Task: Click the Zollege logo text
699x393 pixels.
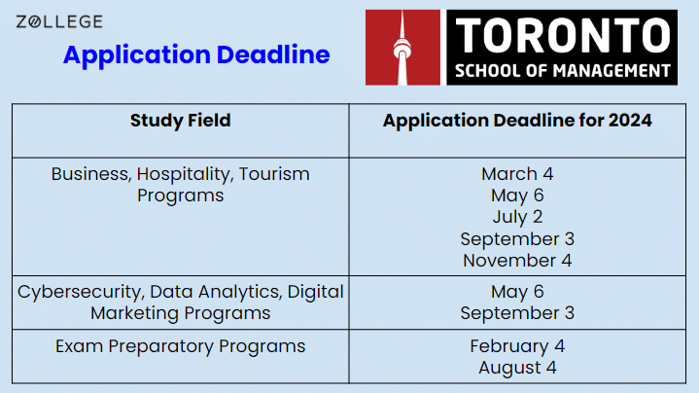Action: click(x=59, y=21)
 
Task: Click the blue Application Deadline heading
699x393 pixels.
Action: click(x=196, y=54)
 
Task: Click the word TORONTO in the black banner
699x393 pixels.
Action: click(x=562, y=36)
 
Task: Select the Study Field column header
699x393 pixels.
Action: click(x=180, y=121)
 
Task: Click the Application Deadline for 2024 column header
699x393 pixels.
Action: click(x=516, y=121)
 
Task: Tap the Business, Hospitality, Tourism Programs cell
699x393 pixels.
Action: click(x=180, y=185)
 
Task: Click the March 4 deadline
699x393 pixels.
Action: click(x=516, y=174)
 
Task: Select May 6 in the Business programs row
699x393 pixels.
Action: click(x=516, y=196)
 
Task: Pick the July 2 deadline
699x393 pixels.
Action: click(x=516, y=217)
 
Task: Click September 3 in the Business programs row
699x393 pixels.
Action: click(x=516, y=238)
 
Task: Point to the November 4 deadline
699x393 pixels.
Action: click(x=516, y=260)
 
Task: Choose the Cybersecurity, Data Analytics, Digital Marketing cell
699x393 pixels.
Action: click(x=180, y=302)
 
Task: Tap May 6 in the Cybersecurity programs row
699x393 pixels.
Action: click(x=516, y=292)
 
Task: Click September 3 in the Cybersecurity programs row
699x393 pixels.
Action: click(x=516, y=313)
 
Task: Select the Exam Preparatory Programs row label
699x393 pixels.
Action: click(x=180, y=346)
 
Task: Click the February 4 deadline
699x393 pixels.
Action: click(x=516, y=346)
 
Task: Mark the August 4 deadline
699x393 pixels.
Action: click(x=516, y=368)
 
